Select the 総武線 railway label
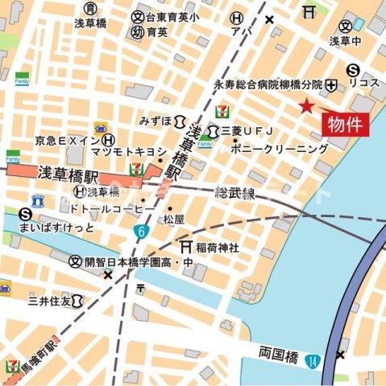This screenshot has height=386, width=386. [x=235, y=193]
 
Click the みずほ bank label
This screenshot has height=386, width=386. [x=155, y=121]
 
